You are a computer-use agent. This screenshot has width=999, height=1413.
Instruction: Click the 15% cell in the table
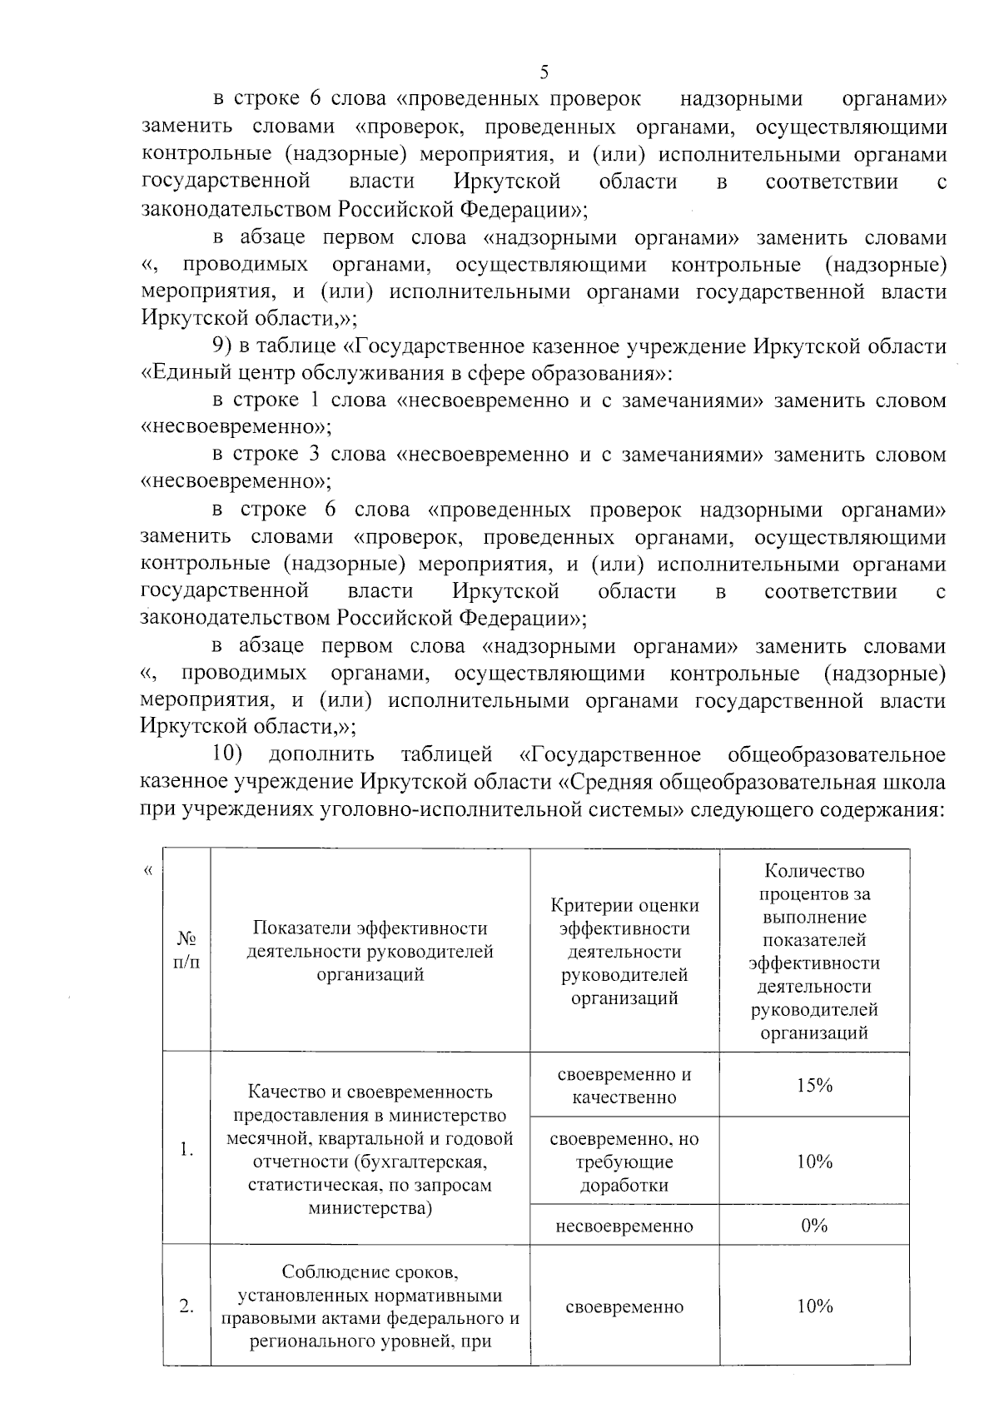click(x=813, y=1085)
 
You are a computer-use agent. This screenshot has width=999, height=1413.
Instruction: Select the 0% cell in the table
click(x=813, y=1226)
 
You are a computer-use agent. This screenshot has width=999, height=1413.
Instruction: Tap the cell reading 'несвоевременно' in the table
click(x=624, y=1226)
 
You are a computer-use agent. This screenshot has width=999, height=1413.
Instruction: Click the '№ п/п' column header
click(x=186, y=950)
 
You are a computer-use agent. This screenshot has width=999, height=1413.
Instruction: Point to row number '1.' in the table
click(x=186, y=1150)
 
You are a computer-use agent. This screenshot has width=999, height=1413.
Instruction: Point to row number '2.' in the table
click(x=186, y=1306)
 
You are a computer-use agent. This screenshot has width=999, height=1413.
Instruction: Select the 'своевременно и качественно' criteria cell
click(x=624, y=1085)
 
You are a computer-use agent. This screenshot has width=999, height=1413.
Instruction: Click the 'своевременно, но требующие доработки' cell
click(x=624, y=1162)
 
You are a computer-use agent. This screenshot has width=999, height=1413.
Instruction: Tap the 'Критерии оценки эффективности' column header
click(x=624, y=951)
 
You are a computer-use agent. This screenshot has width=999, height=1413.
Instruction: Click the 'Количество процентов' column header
click(x=813, y=951)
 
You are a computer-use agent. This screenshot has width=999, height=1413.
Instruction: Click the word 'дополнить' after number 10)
click(x=321, y=755)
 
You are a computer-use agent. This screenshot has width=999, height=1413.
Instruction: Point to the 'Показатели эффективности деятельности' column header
click(x=370, y=951)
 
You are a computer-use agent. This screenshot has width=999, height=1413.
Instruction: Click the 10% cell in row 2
click(x=813, y=1306)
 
